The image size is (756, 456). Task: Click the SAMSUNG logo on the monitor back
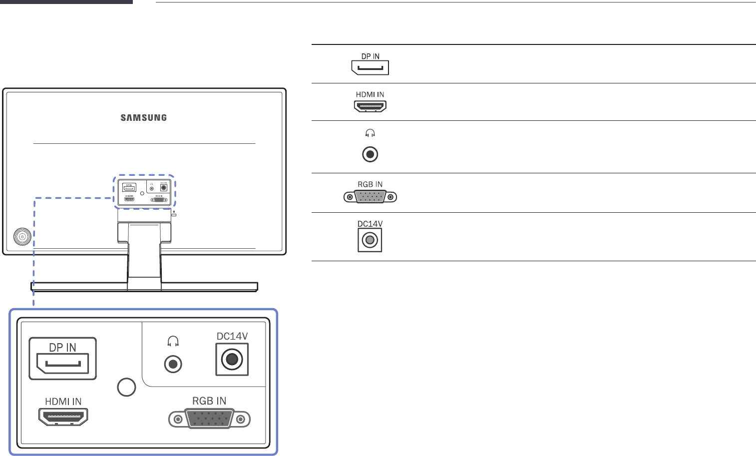[x=144, y=118]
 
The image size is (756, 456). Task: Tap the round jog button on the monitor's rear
[x=22, y=237]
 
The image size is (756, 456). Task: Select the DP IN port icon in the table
[x=370, y=67]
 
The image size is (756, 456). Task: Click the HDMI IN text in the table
[x=370, y=94]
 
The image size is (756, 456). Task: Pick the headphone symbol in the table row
[x=370, y=133]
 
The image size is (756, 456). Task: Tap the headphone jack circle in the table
[x=370, y=154]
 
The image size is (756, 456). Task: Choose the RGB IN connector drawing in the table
[x=370, y=197]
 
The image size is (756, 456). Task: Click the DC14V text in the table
[x=370, y=224]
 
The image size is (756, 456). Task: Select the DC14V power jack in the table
[x=370, y=241]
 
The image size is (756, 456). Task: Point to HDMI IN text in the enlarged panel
[x=63, y=402]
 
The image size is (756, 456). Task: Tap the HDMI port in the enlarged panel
[x=63, y=417]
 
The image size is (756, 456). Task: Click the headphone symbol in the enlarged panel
[x=173, y=341]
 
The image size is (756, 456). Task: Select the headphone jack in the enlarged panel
[x=173, y=364]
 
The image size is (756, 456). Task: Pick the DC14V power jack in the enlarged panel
[x=232, y=359]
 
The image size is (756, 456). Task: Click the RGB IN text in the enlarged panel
[x=209, y=401]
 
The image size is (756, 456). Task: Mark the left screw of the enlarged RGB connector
[x=177, y=420]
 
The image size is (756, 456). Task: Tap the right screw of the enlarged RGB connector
[x=242, y=420]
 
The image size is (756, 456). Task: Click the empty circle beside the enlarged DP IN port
[x=127, y=387]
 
